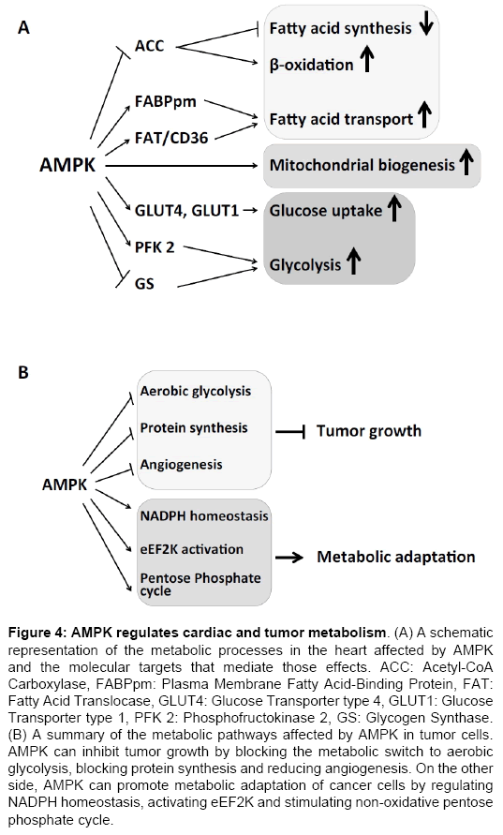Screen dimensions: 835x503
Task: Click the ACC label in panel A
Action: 150,46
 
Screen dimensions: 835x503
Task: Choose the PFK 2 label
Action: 155,247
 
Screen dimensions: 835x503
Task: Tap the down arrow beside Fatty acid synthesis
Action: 426,26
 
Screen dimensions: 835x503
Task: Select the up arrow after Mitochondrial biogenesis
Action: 466,165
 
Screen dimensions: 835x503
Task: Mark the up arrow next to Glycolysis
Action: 353,264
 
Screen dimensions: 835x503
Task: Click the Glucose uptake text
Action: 325,211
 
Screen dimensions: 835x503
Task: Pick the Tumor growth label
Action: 368,431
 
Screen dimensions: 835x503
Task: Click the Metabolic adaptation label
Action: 395,557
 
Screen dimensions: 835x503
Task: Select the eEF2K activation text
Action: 191,548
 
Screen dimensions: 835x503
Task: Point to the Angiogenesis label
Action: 182,463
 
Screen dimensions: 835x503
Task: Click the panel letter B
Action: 26,372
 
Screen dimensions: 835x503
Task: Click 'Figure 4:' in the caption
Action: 47,626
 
